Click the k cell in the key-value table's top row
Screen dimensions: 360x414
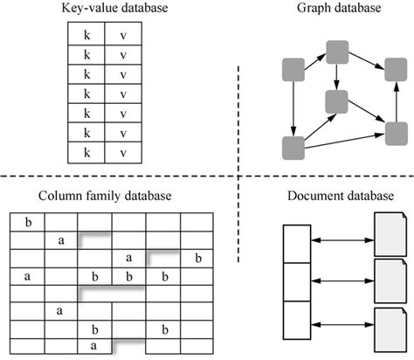[86, 33]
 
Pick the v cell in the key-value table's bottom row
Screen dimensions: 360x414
[122, 151]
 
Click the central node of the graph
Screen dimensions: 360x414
[335, 100]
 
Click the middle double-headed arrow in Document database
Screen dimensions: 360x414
[339, 280]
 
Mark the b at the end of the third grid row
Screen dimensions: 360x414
[198, 258]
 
